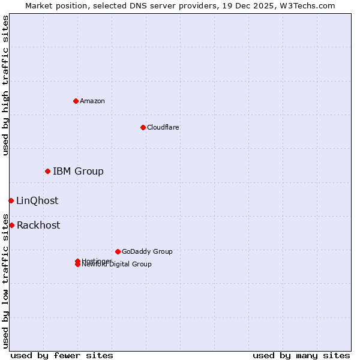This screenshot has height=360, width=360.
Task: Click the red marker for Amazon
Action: (76, 101)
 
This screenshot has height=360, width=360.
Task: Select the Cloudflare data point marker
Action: (143, 127)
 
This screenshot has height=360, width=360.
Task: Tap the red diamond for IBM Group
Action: (47, 172)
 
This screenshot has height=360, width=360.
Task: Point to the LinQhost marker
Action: (11, 200)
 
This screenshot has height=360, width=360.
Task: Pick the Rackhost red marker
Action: (11, 225)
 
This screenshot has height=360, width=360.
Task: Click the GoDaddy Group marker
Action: (118, 251)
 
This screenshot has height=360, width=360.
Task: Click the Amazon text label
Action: (92, 101)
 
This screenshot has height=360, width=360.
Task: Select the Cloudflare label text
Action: (163, 127)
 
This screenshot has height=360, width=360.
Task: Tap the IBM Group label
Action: (78, 172)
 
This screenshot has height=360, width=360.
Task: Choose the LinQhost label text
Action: (37, 201)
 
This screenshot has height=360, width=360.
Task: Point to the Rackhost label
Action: (38, 226)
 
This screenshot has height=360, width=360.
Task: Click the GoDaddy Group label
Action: (147, 251)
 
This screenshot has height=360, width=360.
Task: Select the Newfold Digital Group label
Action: (118, 265)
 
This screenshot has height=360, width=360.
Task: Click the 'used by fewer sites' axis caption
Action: (62, 355)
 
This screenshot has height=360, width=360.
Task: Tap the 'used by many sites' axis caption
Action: (301, 355)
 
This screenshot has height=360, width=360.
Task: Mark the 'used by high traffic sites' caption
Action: (5, 85)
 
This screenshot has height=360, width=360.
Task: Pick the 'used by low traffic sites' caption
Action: (5, 280)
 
